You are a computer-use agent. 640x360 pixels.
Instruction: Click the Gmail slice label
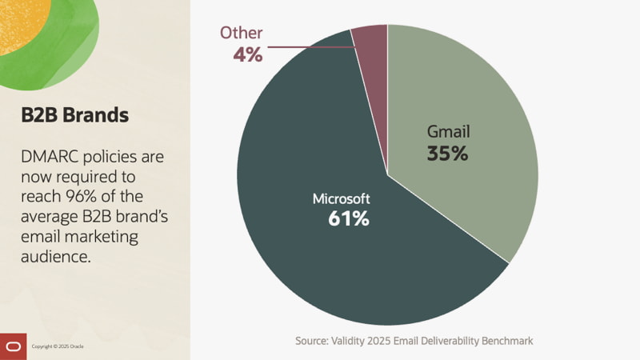(x=447, y=132)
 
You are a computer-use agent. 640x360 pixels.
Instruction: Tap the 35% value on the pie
(x=447, y=154)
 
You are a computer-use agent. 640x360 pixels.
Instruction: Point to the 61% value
(x=349, y=218)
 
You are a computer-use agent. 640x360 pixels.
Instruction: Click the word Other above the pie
(x=242, y=33)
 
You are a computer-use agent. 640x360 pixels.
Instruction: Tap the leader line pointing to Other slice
(x=312, y=47)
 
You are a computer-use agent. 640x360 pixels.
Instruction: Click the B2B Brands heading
(x=75, y=114)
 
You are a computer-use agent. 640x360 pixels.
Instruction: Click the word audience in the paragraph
(x=57, y=256)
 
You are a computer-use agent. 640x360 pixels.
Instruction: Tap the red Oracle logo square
(x=13, y=346)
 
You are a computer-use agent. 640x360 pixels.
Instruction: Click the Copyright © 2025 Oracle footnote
(x=58, y=346)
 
